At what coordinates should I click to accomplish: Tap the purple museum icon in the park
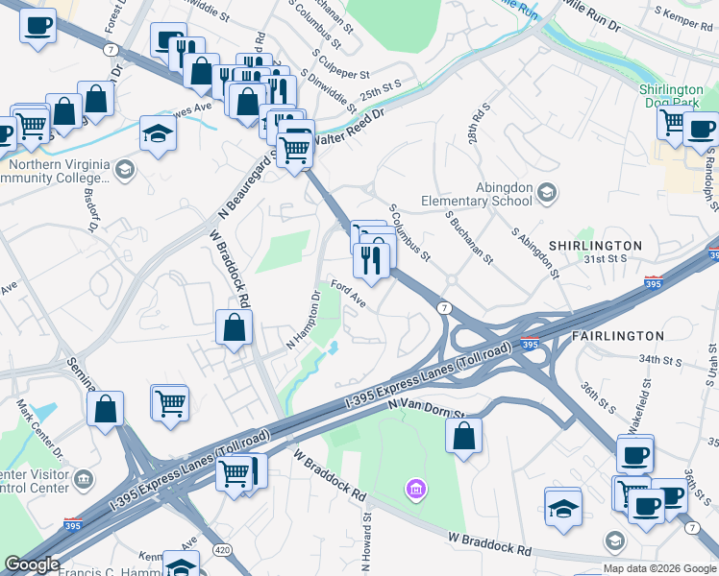[415, 491]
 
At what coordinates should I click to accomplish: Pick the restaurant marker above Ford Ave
[371, 259]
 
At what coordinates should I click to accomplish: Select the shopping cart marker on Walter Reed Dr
[295, 150]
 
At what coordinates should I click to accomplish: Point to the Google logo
[32, 564]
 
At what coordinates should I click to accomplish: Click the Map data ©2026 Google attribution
[659, 568]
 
